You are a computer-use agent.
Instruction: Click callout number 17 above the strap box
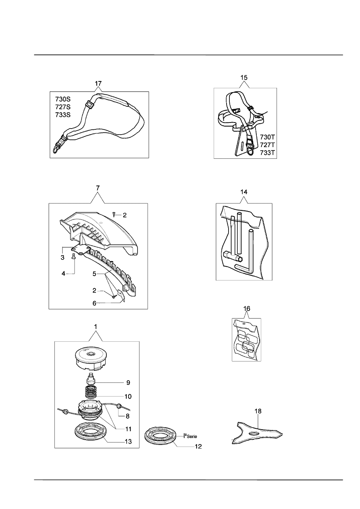[98, 84]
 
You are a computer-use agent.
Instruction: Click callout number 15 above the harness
[244, 77]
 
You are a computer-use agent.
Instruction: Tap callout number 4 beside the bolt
[63, 274]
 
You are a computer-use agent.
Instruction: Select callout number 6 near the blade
[94, 303]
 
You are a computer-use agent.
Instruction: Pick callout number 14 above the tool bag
[243, 192]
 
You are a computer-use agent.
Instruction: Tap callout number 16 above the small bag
[247, 308]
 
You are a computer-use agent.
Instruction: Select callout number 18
[258, 411]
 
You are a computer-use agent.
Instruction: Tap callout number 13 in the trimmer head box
[128, 442]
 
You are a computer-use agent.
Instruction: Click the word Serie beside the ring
[191, 436]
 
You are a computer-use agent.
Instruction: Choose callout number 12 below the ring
[197, 447]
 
